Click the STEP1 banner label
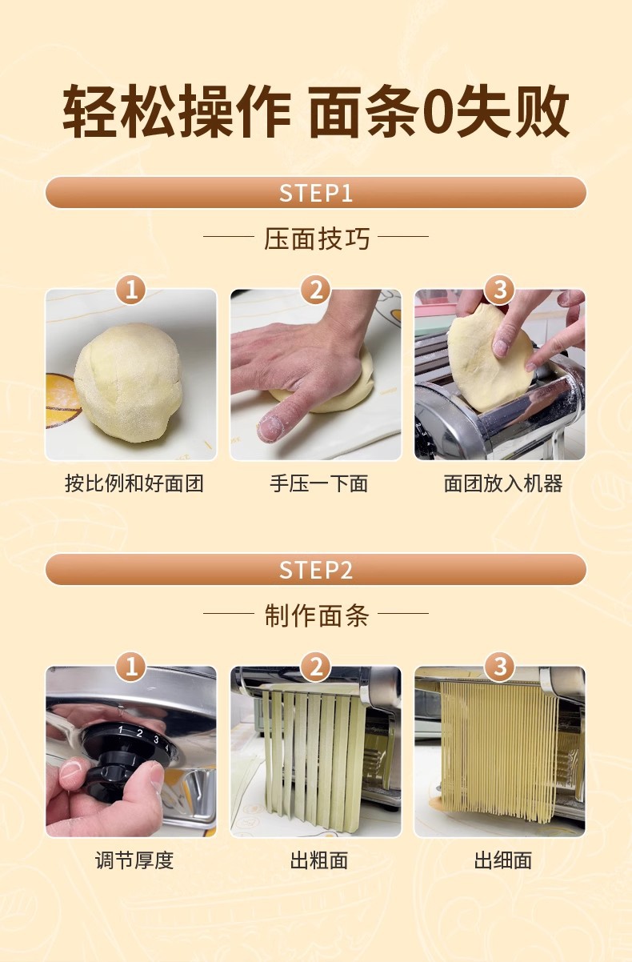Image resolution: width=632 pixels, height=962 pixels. (x=316, y=193)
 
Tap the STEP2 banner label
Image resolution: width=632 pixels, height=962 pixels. (x=316, y=571)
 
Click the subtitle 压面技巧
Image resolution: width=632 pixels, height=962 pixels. (x=317, y=238)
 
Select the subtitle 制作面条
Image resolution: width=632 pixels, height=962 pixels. (x=317, y=615)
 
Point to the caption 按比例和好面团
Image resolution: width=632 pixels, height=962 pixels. (x=134, y=483)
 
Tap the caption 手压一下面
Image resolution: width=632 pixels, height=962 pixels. (x=318, y=483)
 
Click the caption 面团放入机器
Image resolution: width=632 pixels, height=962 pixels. (x=503, y=483)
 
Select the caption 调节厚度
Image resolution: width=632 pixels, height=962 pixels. (x=134, y=860)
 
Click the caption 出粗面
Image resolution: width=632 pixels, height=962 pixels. (x=318, y=860)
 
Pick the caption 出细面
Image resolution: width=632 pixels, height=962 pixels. (x=503, y=860)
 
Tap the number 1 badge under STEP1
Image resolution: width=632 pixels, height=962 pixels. (x=131, y=290)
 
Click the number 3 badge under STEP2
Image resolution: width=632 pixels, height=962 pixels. (x=500, y=667)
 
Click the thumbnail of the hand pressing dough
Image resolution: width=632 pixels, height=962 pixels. (x=316, y=375)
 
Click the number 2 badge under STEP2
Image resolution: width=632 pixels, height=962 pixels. (x=315, y=667)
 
